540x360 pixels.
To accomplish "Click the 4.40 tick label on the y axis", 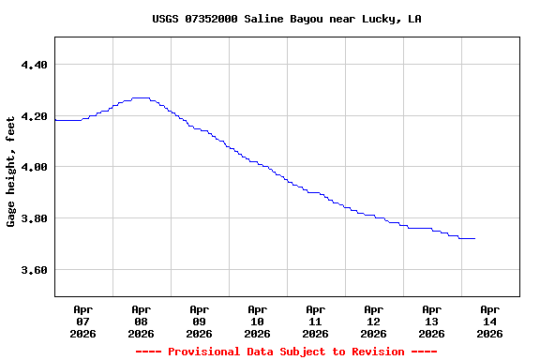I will click(x=33, y=65).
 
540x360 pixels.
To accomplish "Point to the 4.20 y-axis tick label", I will click(x=33, y=116).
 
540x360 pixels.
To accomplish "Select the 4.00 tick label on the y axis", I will click(x=33, y=167).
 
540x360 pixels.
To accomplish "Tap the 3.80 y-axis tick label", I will click(x=33, y=218).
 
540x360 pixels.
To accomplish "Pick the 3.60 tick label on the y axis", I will click(x=33, y=270).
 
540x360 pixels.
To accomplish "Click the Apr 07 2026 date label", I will click(x=82, y=321).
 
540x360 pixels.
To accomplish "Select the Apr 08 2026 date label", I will click(x=141, y=321).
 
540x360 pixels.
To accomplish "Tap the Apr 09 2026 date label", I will click(x=199, y=321).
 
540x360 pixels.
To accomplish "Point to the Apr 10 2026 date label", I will click(x=257, y=321).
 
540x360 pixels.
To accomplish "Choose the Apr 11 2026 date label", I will click(x=315, y=321).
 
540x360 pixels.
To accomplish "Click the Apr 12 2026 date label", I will click(x=373, y=321).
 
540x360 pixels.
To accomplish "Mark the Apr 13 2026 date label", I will click(x=431, y=321).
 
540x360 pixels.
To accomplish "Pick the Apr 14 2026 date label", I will click(x=489, y=321).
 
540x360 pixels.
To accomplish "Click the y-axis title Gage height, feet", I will click(x=11, y=172).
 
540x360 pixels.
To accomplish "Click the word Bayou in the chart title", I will click(x=308, y=19).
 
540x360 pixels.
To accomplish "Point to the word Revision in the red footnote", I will click(x=378, y=352).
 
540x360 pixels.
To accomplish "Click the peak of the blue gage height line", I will click(x=141, y=97).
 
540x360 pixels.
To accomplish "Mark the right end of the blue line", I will click(x=474, y=239).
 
